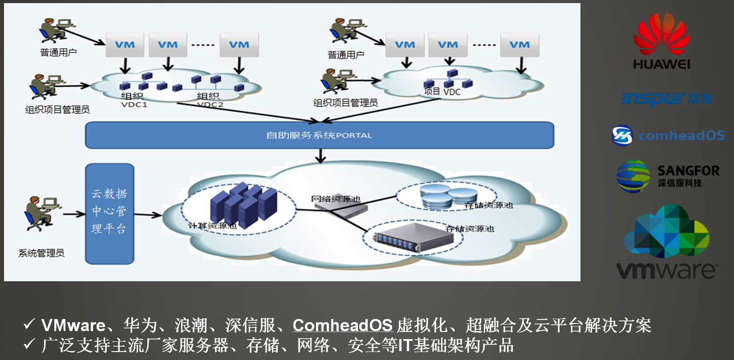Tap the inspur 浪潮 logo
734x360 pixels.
[x=666, y=98]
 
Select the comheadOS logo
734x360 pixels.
[x=668, y=135]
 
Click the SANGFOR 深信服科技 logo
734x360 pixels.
[x=668, y=176]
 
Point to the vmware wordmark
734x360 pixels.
[x=667, y=270]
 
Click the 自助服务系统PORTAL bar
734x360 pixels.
[x=319, y=135]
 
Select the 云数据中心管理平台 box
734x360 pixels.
[x=109, y=214]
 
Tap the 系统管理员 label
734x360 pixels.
[x=41, y=253]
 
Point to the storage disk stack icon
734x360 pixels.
[x=448, y=196]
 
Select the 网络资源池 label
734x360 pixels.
[x=335, y=198]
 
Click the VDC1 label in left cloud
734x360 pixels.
[x=134, y=105]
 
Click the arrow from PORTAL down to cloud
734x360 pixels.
[x=320, y=156]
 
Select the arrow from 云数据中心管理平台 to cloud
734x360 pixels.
[x=148, y=215]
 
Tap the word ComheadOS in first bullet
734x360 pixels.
[x=342, y=325]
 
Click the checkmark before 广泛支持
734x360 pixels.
[x=29, y=344]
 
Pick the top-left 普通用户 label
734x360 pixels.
[x=58, y=53]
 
